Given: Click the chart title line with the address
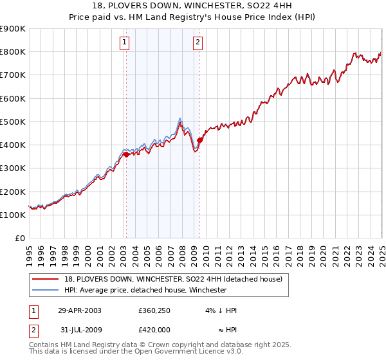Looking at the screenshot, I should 192,6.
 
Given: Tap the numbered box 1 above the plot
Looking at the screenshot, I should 124,43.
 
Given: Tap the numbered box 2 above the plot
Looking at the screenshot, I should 198,43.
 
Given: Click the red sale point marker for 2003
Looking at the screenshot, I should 127,154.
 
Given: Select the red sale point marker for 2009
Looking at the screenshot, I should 200,140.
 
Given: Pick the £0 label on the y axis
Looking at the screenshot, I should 19,239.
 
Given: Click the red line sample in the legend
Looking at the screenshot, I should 46,278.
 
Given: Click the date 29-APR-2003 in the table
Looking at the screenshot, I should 80,310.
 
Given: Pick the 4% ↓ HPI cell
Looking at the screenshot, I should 221,310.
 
